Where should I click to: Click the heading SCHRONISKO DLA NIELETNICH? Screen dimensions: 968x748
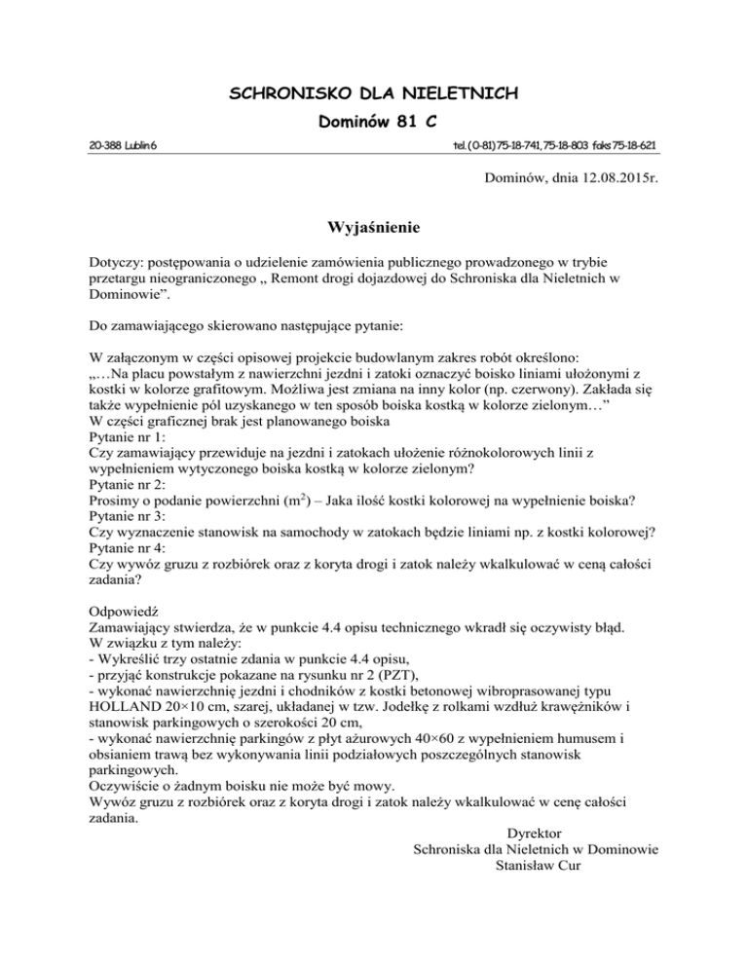(373, 94)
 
